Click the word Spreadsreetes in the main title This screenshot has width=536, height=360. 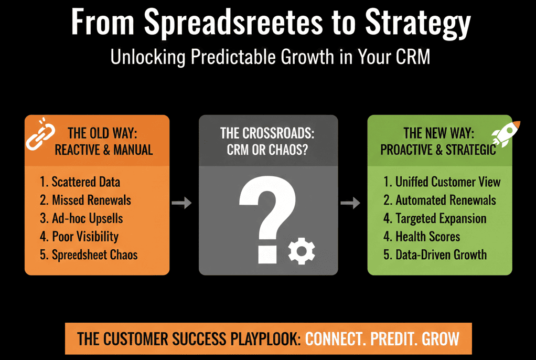pyautogui.click(x=233, y=23)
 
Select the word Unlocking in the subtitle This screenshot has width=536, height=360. pyautogui.click(x=148, y=57)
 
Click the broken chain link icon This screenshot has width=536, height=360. pyautogui.click(x=41, y=134)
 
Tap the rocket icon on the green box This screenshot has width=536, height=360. pyautogui.click(x=506, y=134)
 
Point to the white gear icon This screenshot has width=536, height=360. pyautogui.click(x=302, y=251)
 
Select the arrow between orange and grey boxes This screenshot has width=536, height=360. pyautogui.click(x=181, y=203)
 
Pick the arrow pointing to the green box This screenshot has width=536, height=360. pyautogui.click(x=350, y=203)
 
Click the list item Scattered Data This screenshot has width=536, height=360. pyautogui.click(x=80, y=182)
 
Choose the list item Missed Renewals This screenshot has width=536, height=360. pyautogui.click(x=85, y=200)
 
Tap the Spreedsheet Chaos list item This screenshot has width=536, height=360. pyautogui.click(x=89, y=255)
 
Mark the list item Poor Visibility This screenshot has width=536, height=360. pyautogui.click(x=79, y=237)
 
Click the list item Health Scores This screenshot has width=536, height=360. pyautogui.click(x=422, y=237)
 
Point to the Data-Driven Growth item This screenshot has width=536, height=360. pyautogui.click(x=435, y=255)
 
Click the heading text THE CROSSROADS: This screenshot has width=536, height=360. pyautogui.click(x=267, y=133)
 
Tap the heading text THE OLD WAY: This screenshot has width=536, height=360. pyautogui.click(x=102, y=133)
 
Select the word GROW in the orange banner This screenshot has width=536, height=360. pyautogui.click(x=441, y=339)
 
